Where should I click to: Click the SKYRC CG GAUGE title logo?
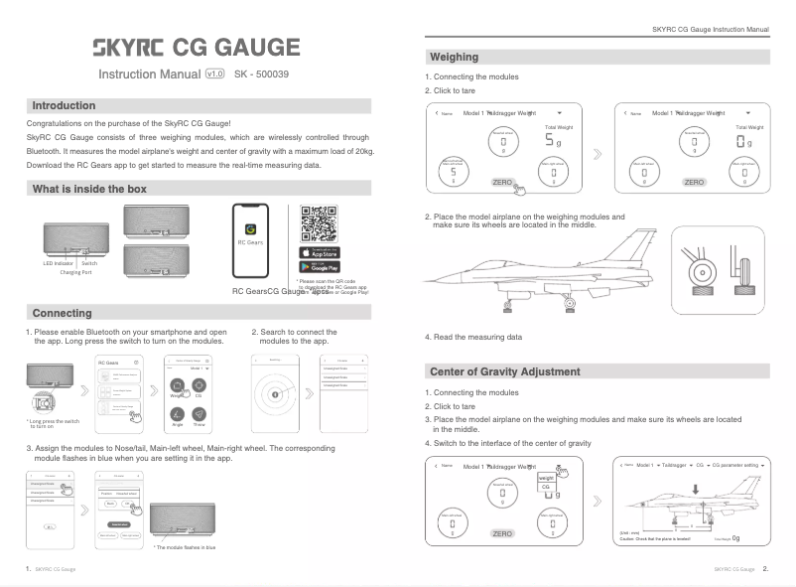pos(196,47)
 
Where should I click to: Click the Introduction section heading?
pos(65,105)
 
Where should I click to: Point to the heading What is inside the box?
pos(89,189)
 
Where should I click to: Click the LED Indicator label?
pos(60,263)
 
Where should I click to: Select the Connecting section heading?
pos(62,313)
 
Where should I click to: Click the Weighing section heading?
pos(454,57)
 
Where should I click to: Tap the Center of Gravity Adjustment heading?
pos(504,371)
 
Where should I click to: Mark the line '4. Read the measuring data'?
pos(473,337)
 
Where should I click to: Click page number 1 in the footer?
pos(28,569)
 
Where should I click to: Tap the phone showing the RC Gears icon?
pos(250,241)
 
